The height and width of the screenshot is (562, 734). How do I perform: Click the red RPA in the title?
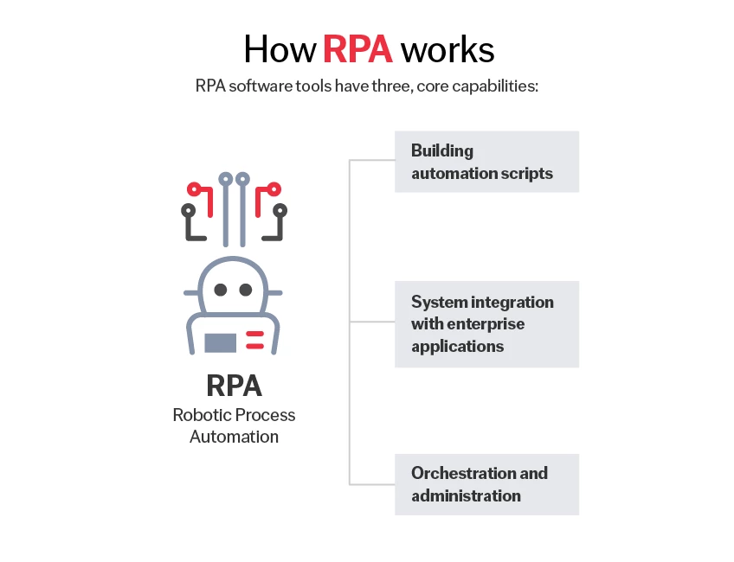[x=357, y=49]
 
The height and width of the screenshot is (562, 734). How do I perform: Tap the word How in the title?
[x=279, y=49]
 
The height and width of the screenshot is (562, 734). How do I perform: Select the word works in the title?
[x=447, y=49]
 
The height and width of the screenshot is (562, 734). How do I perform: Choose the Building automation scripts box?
[x=486, y=162]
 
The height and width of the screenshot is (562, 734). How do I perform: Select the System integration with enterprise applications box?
[x=486, y=324]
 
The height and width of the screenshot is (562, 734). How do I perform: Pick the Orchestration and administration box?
[x=486, y=484]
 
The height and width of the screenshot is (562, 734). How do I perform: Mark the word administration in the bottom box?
[x=466, y=495]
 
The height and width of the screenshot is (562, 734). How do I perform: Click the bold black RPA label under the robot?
[x=234, y=385]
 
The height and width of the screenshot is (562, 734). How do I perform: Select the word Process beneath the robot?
[x=266, y=415]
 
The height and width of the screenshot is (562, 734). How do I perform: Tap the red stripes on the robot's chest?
[x=254, y=340]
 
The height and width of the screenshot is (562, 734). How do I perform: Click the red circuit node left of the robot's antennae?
[x=195, y=188]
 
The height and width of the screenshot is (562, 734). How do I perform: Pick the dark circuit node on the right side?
[x=280, y=210]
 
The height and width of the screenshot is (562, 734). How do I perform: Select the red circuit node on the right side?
[x=273, y=188]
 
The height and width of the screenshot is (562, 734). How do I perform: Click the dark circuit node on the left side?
[x=188, y=210]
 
